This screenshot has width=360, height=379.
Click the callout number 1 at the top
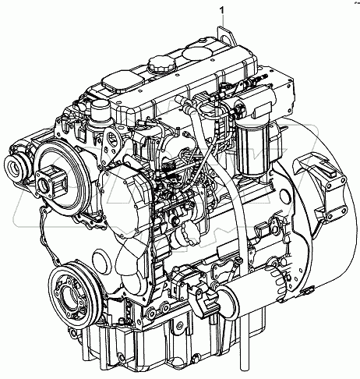[224, 9]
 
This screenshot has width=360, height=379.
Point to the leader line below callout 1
[224, 23]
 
